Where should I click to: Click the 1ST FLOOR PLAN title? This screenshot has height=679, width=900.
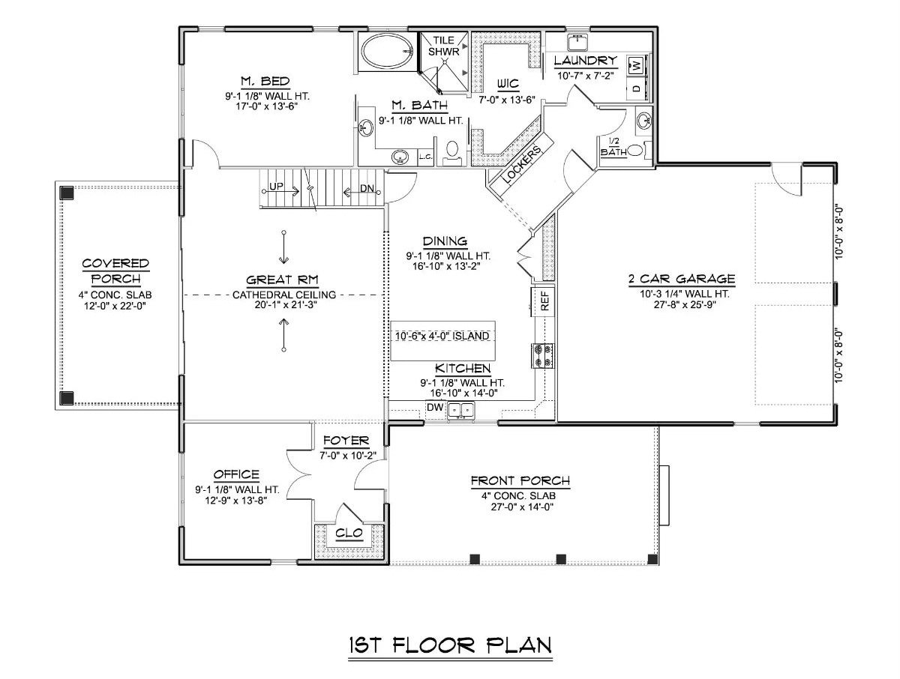(x=450, y=645)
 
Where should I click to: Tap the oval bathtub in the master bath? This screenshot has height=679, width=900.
(x=385, y=52)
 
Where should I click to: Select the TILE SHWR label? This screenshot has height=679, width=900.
(x=443, y=46)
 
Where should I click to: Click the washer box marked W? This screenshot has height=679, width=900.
(x=637, y=66)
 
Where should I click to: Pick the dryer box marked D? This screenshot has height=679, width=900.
(x=637, y=89)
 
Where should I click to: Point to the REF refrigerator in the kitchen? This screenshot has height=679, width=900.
(x=544, y=301)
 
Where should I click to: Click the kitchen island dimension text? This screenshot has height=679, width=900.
(x=442, y=336)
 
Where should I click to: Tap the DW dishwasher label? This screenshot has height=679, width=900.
(x=435, y=408)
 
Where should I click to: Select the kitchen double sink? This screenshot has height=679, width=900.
(x=461, y=409)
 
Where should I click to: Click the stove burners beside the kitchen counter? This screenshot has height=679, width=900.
(x=543, y=355)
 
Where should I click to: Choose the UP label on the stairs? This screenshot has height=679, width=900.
(x=276, y=187)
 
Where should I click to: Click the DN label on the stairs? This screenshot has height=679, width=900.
(x=367, y=190)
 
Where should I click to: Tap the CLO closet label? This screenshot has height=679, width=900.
(x=349, y=533)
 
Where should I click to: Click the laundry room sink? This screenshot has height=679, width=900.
(x=577, y=41)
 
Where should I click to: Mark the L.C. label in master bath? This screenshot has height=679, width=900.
(x=424, y=157)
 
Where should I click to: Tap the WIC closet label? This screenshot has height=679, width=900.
(x=508, y=84)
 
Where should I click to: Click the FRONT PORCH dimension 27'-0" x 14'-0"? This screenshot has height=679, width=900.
(x=520, y=507)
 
